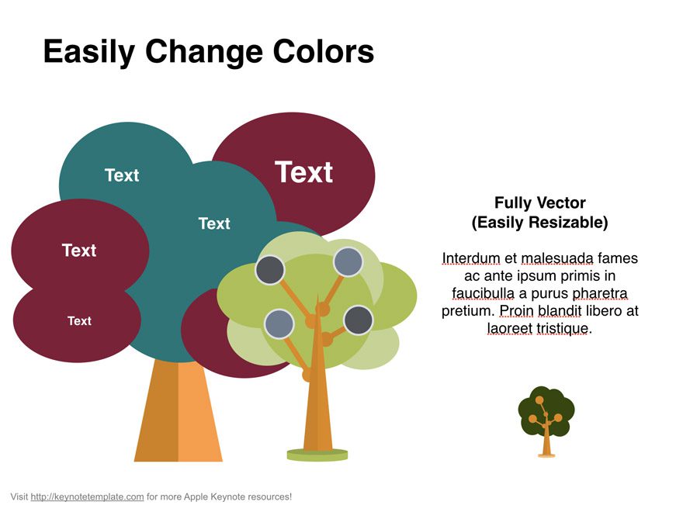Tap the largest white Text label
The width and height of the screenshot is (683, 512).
303,172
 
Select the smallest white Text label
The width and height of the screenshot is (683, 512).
79,320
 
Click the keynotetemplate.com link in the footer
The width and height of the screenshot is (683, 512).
87,496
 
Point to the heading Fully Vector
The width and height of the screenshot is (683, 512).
539,202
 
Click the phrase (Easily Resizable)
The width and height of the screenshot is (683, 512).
539,223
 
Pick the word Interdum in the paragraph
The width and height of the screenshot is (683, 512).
470,258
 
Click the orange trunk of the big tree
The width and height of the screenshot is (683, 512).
179,415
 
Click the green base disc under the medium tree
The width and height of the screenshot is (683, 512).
317,455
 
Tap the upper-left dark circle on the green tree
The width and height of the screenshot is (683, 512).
269,269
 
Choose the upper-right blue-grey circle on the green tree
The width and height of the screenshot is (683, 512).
348,261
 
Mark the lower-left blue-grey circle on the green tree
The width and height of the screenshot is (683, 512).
278,323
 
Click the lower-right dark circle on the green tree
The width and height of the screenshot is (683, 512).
358,320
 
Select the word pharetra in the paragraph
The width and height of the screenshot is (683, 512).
599,293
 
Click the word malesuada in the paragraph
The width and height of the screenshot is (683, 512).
556,258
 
